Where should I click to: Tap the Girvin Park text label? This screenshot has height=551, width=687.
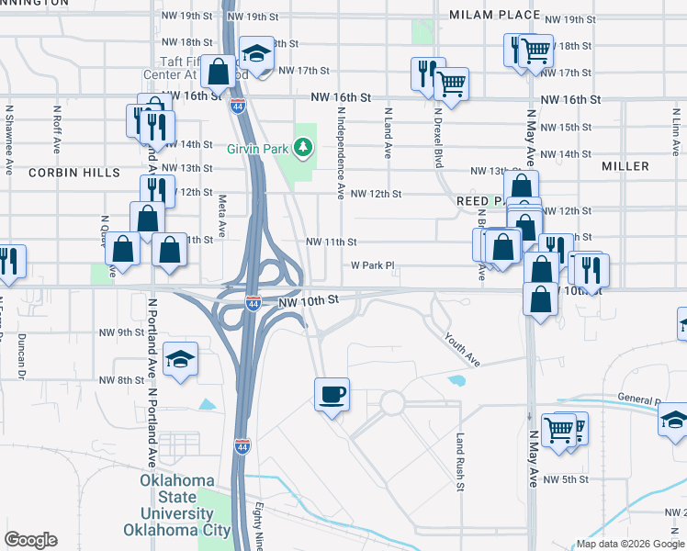click(258, 148)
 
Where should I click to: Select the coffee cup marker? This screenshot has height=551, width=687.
click(332, 395)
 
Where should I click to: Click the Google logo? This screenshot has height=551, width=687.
click(30, 540)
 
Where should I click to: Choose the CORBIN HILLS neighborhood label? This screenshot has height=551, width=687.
click(73, 172)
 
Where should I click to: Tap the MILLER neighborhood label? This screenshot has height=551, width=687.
click(625, 166)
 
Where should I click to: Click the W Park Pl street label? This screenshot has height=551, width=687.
click(372, 266)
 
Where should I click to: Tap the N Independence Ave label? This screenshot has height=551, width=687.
click(341, 152)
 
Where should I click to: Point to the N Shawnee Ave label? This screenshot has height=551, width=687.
click(9, 129)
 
